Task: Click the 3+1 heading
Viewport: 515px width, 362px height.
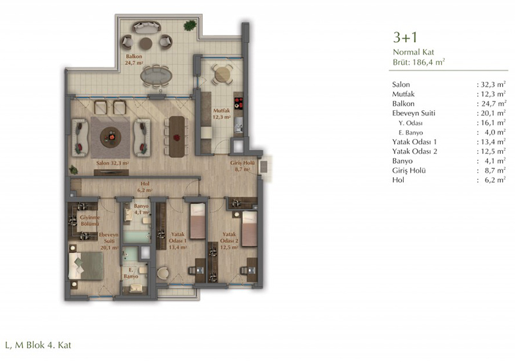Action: [406, 37]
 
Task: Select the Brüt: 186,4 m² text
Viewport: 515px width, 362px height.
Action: [419, 62]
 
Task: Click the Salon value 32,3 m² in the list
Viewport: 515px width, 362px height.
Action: [493, 84]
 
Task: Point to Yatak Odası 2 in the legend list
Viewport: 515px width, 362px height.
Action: [415, 151]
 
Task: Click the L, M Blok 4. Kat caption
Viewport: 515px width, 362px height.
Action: [38, 345]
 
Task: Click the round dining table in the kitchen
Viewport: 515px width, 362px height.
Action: [222, 74]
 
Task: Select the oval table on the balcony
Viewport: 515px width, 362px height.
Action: [156, 76]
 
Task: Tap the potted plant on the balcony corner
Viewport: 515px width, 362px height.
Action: [190, 25]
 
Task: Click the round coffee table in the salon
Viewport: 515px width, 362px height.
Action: [110, 137]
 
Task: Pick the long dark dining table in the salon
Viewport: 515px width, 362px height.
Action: [176, 137]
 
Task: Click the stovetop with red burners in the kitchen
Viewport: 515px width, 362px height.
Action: [238, 102]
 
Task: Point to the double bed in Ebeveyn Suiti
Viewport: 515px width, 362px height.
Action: [86, 266]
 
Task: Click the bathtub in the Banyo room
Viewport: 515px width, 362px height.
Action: [137, 236]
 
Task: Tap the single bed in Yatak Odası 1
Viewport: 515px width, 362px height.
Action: [198, 221]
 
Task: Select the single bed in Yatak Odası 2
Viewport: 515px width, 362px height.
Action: [250, 229]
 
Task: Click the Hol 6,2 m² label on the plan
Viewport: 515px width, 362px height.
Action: [145, 187]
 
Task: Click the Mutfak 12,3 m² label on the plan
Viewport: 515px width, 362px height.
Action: [221, 113]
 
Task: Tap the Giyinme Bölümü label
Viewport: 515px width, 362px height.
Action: [89, 220]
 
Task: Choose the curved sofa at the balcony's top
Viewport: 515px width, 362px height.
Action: [147, 27]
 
